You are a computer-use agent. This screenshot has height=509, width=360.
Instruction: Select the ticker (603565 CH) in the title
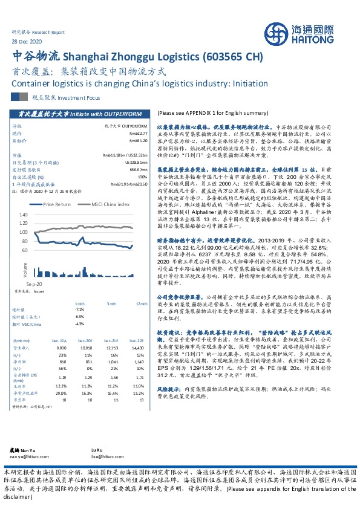coord(234,57)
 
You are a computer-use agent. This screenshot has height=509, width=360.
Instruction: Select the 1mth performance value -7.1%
coord(78,309)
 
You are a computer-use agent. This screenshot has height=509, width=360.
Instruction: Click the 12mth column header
coord(142,303)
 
